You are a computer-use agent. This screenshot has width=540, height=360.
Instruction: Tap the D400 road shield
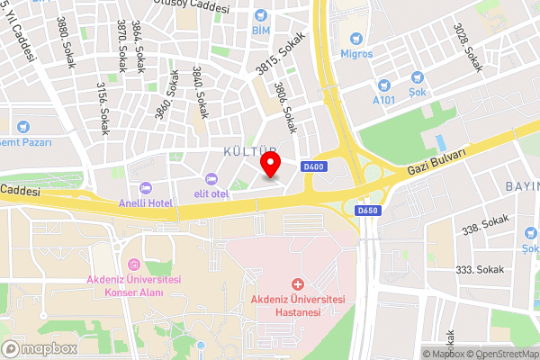314,166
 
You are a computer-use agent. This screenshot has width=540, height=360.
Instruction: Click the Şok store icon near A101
418,79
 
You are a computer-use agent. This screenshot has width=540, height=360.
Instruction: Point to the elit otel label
213,192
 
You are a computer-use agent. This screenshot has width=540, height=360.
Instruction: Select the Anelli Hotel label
145,203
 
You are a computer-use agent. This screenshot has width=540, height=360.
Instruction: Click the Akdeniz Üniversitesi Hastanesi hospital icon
298,284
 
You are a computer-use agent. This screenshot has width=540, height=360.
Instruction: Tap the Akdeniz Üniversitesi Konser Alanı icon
134,265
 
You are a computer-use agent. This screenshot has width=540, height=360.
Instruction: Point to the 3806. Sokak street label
286,114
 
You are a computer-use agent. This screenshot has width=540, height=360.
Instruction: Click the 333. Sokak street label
478,269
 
